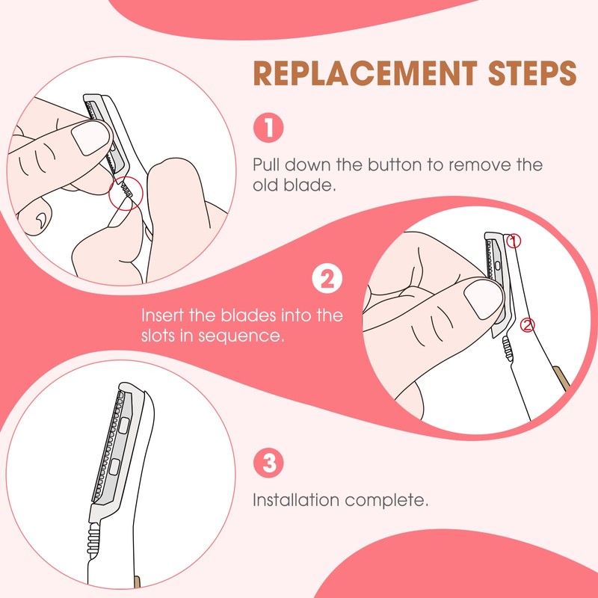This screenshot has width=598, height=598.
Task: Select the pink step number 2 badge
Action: pyautogui.click(x=326, y=280)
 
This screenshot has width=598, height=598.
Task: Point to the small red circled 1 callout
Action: pyautogui.click(x=512, y=241)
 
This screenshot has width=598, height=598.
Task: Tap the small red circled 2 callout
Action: pyautogui.click(x=528, y=324)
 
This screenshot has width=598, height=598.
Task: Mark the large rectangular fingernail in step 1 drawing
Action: pyautogui.click(x=89, y=138)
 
